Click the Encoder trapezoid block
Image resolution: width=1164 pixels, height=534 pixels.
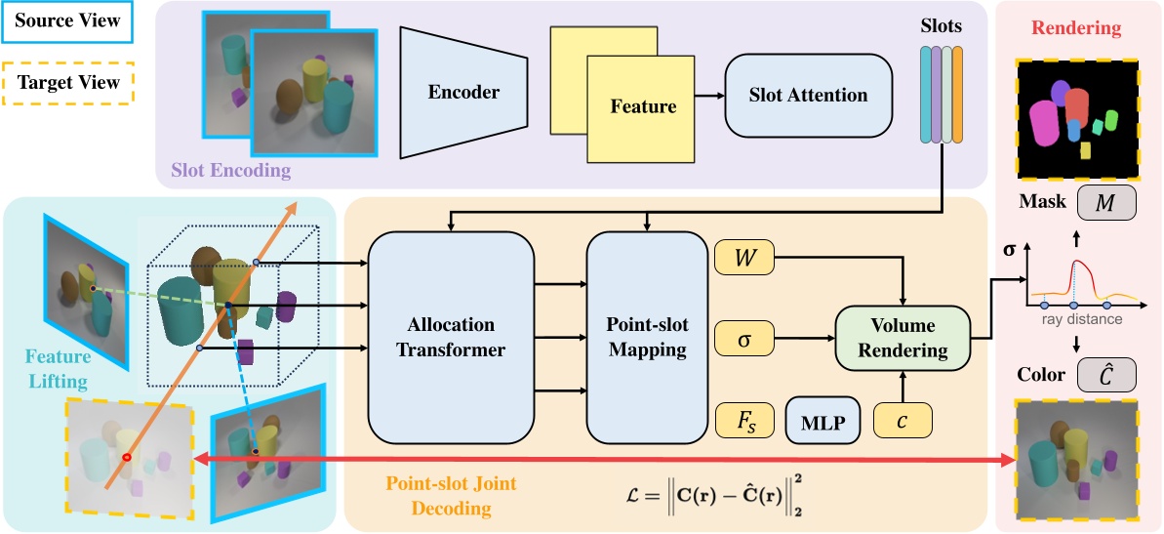463,93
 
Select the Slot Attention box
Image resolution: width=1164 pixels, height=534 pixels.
808,95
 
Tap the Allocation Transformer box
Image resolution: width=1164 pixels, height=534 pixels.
452,337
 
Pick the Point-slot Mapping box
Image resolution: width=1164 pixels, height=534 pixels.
646,337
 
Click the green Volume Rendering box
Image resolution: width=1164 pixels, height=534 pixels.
903,338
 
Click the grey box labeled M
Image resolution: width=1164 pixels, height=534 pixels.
1106,203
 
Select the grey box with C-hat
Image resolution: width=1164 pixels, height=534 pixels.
1106,375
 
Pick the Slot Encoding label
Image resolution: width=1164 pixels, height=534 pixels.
230,170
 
